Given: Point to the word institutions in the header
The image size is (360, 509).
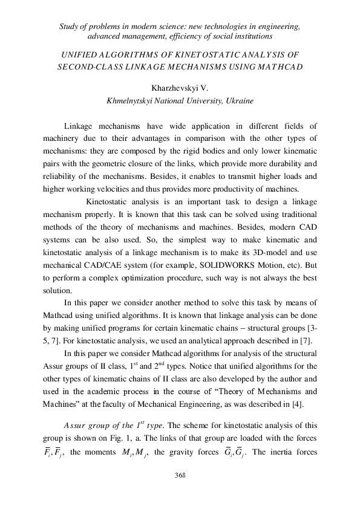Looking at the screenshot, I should coord(275,37).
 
